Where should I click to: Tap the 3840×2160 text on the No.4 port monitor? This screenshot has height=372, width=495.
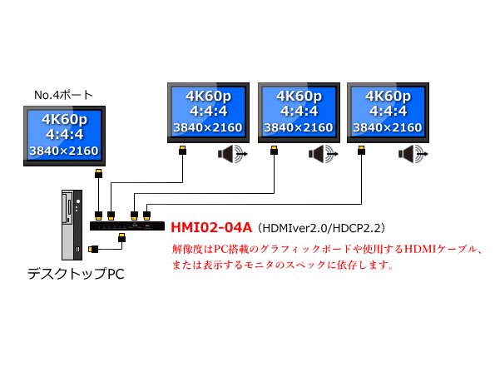click(64, 150)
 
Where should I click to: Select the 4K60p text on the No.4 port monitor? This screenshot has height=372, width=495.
click(64, 120)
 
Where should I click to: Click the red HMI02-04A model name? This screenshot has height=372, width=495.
click(212, 226)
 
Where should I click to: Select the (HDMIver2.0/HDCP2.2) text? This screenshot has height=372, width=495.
click(321, 227)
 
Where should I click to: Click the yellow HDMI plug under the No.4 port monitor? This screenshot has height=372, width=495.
click(98, 174)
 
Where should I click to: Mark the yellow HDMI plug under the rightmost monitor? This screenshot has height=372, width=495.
click(362, 151)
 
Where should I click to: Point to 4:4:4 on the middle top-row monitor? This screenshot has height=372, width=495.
click(291, 111)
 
